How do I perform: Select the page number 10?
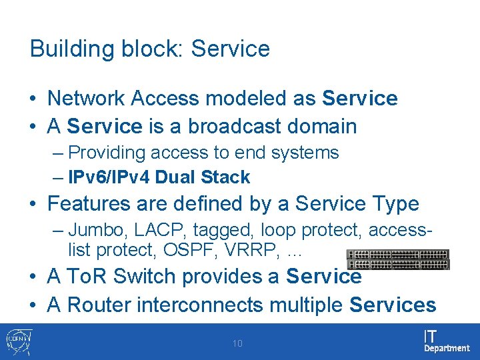point(237,344)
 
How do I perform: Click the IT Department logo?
point(447,341)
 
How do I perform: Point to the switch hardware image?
point(397,259)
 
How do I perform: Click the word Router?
point(99,305)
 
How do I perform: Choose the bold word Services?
point(393,305)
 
